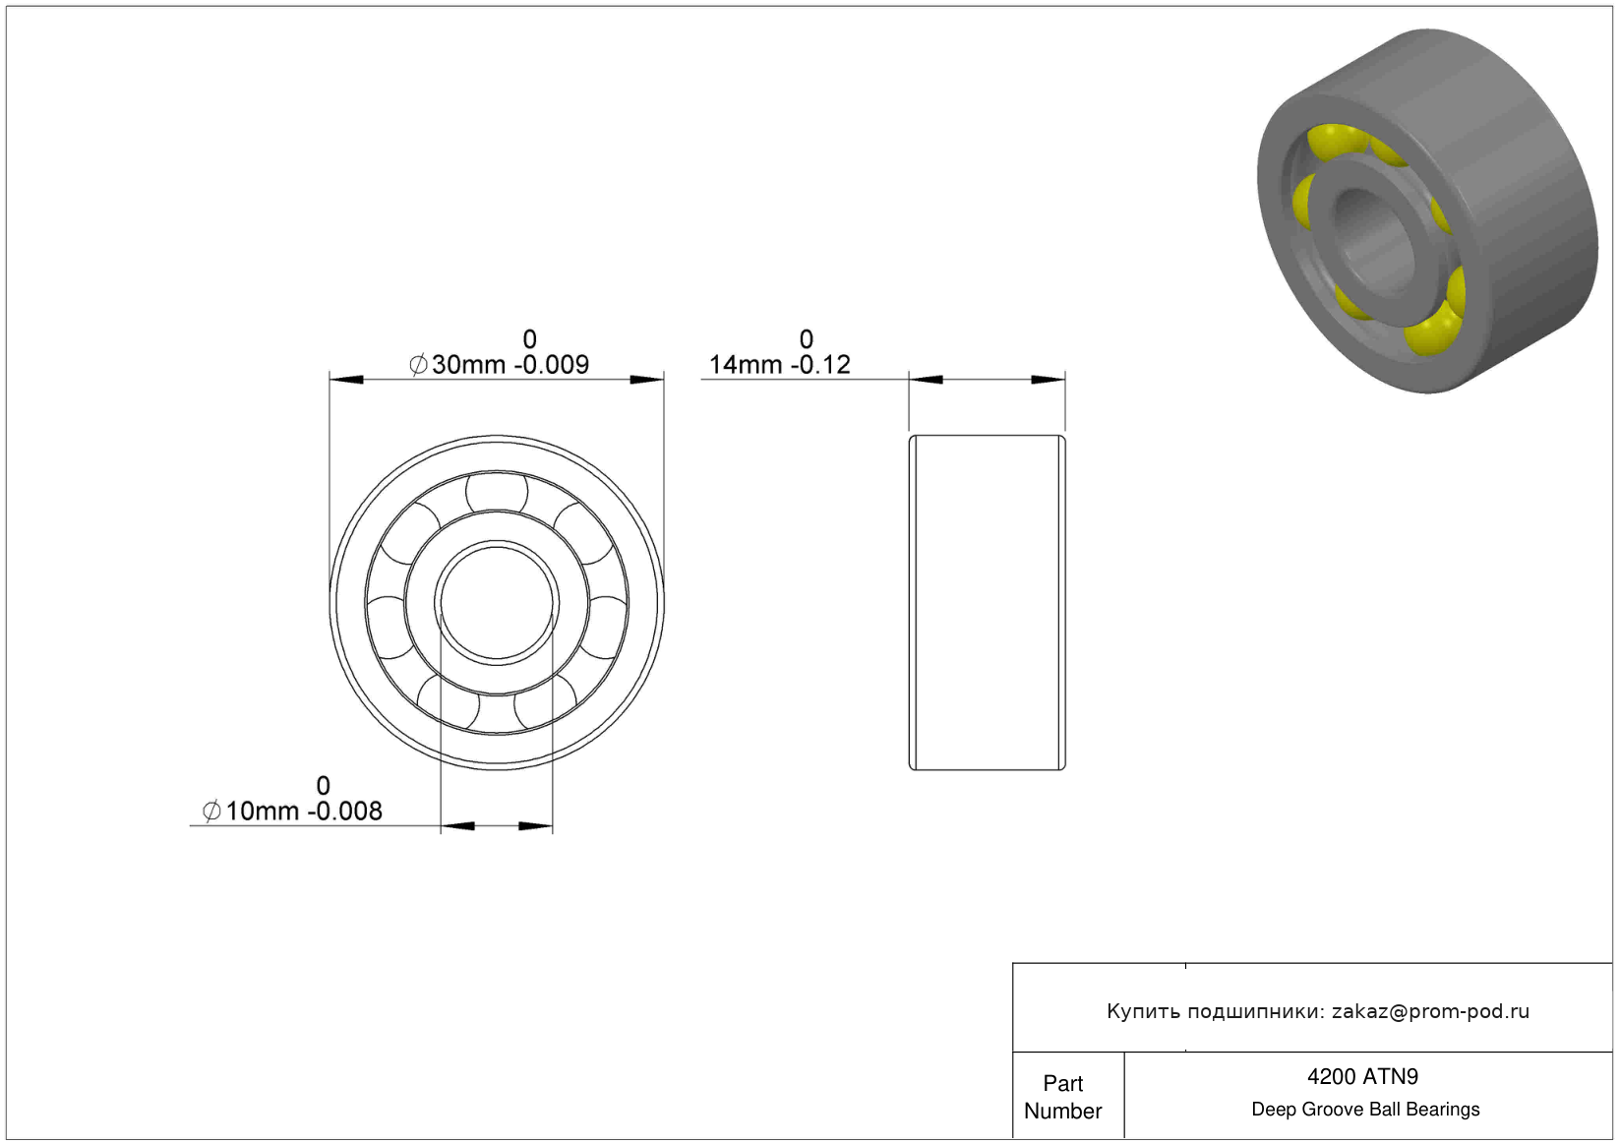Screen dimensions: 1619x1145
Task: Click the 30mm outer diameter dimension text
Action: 499,364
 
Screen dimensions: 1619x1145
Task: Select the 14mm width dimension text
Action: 779,364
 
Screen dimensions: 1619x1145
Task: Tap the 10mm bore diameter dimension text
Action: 292,811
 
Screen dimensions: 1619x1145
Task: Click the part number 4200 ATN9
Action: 1362,1077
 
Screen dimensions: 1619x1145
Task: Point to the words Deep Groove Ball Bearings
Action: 1365,1110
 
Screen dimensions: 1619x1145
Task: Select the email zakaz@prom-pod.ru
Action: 1430,1011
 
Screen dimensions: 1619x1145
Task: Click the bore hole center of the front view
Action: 497,603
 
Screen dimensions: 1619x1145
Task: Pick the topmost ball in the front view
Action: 497,493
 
